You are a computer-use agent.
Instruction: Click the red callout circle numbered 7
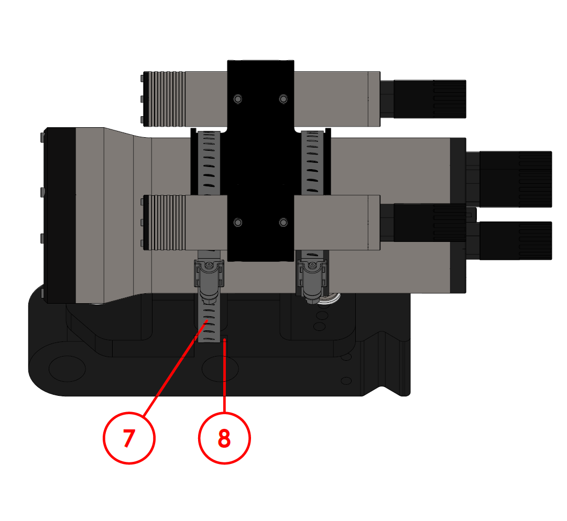pyautogui.click(x=129, y=438)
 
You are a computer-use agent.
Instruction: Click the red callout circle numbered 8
pyautogui.click(x=224, y=438)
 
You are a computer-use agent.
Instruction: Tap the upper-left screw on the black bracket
pyautogui.click(x=238, y=99)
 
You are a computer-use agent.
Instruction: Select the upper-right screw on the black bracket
pyautogui.click(x=283, y=99)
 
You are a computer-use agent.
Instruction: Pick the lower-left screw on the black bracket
pyautogui.click(x=238, y=223)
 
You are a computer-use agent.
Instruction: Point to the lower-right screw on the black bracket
pyautogui.click(x=283, y=223)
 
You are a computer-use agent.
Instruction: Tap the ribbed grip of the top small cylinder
pyautogui.click(x=167, y=99)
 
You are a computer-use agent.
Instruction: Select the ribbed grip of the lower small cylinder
pyautogui.click(x=167, y=223)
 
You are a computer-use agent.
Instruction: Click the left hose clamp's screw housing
pyautogui.click(x=209, y=278)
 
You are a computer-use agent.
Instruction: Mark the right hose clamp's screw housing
pyautogui.click(x=312, y=278)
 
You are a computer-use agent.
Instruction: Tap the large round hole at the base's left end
pyautogui.click(x=67, y=369)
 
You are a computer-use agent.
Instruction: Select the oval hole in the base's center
pyautogui.click(x=220, y=369)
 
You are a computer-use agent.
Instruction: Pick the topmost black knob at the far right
pyautogui.click(x=516, y=179)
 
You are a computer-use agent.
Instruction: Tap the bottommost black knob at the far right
pyautogui.click(x=516, y=240)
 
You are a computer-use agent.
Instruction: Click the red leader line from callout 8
pyautogui.click(x=224, y=377)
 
